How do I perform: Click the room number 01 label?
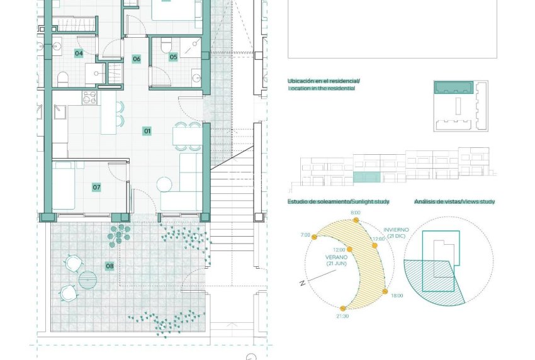[147, 132]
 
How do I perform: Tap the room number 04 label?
[79, 53]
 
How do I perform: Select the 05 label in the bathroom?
[173, 57]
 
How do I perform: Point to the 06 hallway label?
[136, 59]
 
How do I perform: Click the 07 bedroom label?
[96, 187]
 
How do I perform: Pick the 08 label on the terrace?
[110, 266]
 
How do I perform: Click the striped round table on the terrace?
[87, 278]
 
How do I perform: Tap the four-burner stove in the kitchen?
[88, 98]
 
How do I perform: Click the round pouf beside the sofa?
[164, 185]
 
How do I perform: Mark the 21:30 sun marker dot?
[342, 308]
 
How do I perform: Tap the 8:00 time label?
[355, 213]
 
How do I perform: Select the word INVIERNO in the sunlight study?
[396, 230]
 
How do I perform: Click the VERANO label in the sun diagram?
[337, 257]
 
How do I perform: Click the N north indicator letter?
[303, 283]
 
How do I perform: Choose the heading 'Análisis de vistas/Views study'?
[454, 202]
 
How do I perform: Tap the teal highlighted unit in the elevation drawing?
[366, 177]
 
